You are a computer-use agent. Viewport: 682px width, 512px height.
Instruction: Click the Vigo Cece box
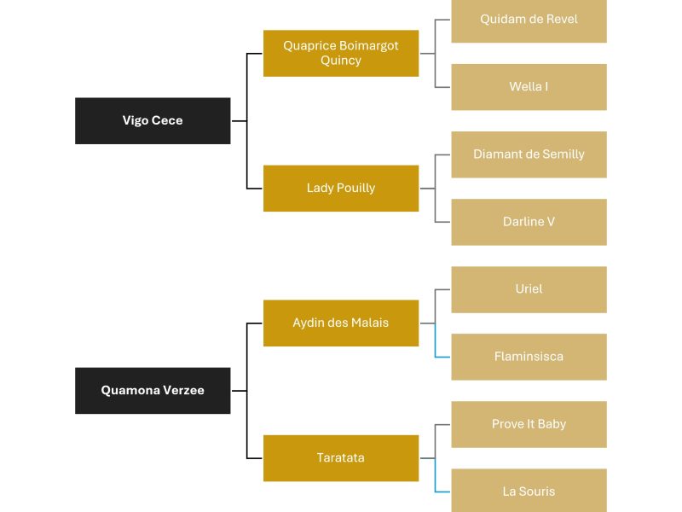point(153,120)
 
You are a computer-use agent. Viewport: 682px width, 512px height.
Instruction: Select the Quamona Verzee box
point(153,391)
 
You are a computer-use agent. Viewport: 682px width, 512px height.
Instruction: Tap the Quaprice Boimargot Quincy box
point(341,53)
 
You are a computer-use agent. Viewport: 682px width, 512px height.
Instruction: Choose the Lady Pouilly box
point(341,188)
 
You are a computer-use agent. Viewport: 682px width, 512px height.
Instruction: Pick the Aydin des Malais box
point(341,323)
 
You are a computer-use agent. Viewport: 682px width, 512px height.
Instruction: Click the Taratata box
point(341,458)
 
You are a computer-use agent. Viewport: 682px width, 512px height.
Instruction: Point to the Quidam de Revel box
point(529,20)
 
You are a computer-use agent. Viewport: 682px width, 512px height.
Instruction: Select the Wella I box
point(529,87)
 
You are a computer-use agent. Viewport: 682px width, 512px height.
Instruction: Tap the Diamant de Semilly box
point(529,154)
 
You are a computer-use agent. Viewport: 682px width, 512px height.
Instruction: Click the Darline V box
point(529,222)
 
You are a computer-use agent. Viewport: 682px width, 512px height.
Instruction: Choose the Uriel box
point(529,289)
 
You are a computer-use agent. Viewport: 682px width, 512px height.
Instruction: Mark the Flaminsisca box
point(529,357)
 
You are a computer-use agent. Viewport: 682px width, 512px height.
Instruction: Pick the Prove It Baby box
point(529,424)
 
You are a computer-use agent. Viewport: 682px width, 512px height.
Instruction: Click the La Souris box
point(529,491)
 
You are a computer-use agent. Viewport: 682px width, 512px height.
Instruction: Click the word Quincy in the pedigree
point(341,61)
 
